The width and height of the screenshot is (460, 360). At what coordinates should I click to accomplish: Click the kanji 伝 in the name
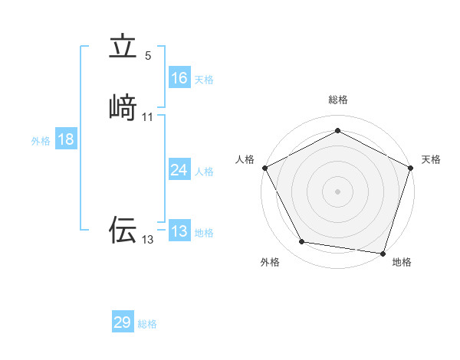pyautogui.click(x=123, y=229)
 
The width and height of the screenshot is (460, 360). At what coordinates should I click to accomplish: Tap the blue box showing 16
pyautogui.click(x=179, y=78)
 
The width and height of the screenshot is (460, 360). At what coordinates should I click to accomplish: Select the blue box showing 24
pyautogui.click(x=179, y=170)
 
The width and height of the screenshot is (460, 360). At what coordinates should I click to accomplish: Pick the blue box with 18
pyautogui.click(x=66, y=139)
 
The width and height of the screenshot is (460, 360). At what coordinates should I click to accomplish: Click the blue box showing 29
pyautogui.click(x=123, y=322)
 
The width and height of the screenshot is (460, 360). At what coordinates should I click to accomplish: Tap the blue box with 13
pyautogui.click(x=179, y=231)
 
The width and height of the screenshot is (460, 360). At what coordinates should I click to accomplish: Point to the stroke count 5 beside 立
pyautogui.click(x=148, y=55)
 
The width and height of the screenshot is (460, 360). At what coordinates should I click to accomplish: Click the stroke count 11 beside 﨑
pyautogui.click(x=148, y=116)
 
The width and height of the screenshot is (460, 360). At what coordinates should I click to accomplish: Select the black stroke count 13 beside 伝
pyautogui.click(x=147, y=240)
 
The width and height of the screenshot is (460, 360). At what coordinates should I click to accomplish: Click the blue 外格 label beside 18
pyautogui.click(x=41, y=141)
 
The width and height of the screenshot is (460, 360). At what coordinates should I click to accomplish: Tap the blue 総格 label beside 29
pyautogui.click(x=147, y=324)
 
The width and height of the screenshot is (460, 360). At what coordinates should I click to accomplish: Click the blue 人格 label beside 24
pyautogui.click(x=204, y=172)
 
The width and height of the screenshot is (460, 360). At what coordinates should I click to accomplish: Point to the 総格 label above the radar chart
pyautogui.click(x=337, y=100)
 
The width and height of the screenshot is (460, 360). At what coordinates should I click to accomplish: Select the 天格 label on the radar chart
pyautogui.click(x=431, y=159)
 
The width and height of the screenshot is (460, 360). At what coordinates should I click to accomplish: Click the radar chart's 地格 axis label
pyautogui.click(x=402, y=262)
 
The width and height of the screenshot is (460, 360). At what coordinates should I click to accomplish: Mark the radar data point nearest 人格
pyautogui.click(x=264, y=168)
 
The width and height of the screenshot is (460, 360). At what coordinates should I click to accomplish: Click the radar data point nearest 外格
pyautogui.click(x=302, y=242)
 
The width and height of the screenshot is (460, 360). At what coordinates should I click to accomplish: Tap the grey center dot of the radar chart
pyautogui.click(x=337, y=191)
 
